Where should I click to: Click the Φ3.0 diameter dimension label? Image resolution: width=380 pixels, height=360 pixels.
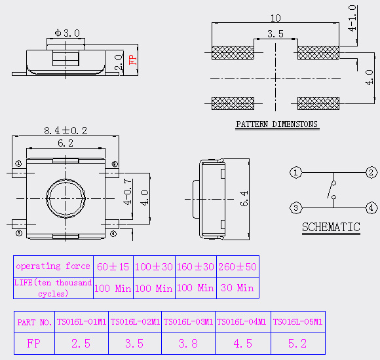pos(67,33)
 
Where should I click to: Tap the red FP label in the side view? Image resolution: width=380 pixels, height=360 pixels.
pos(132,60)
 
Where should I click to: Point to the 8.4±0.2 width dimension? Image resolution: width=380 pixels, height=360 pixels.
pos(66,131)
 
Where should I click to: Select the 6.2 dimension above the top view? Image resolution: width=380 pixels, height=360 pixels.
pos(66,143)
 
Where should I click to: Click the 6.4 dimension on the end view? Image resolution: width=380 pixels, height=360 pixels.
pos(244,199)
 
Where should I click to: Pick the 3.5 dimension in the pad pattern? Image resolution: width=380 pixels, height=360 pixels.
pos(275,34)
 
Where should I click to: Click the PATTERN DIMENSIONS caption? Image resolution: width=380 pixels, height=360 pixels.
pos(276,124)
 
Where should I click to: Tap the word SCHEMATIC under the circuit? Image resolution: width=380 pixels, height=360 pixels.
pos(331,227)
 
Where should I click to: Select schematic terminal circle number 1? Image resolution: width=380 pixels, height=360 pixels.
pos(295,173)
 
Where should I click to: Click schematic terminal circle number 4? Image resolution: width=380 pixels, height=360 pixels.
pos(371,208)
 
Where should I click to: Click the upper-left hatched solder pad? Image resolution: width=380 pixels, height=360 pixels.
pos(233,52)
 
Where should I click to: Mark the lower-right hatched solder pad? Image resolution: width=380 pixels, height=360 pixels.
pos(318,103)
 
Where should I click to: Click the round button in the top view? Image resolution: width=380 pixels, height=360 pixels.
pos(66,198)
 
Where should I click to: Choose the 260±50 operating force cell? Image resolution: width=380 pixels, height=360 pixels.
pos(237,266)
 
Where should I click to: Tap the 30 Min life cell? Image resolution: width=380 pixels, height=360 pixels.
pos(237,288)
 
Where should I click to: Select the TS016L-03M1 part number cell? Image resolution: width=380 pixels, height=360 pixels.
pos(188,322)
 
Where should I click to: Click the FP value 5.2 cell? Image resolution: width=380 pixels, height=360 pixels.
pos(298,344)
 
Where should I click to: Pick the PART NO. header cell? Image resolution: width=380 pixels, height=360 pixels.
pos(35,322)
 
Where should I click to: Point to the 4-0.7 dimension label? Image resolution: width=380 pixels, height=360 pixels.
pos(128,192)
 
